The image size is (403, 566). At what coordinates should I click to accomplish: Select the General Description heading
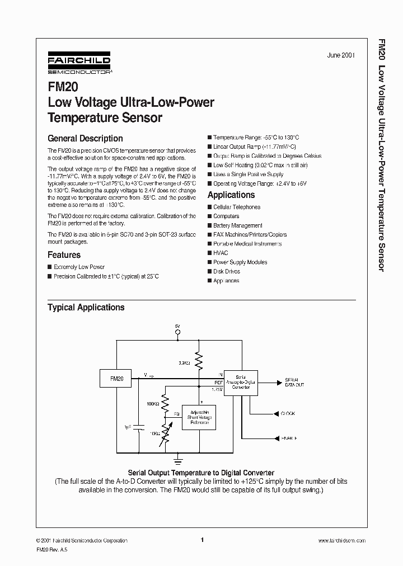(x=85, y=138)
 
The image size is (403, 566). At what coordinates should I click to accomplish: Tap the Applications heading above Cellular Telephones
(x=231, y=195)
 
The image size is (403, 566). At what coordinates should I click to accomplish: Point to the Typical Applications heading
(x=86, y=307)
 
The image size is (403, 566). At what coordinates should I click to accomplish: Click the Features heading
(x=64, y=254)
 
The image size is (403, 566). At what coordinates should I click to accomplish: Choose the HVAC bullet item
(x=221, y=253)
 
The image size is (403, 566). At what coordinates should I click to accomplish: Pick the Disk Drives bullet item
(x=226, y=271)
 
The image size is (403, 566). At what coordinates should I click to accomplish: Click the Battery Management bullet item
(x=237, y=225)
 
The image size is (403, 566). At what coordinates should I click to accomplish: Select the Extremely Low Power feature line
(x=79, y=267)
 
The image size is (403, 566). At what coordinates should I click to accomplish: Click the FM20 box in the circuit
(x=116, y=379)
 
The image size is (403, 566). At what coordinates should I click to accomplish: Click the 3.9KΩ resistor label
(x=185, y=363)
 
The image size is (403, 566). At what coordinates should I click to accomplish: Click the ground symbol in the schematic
(x=179, y=460)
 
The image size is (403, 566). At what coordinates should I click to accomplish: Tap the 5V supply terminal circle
(x=178, y=332)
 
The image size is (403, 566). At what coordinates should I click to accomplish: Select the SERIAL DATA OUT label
(x=296, y=383)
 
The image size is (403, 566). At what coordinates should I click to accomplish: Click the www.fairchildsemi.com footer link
(x=341, y=540)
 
